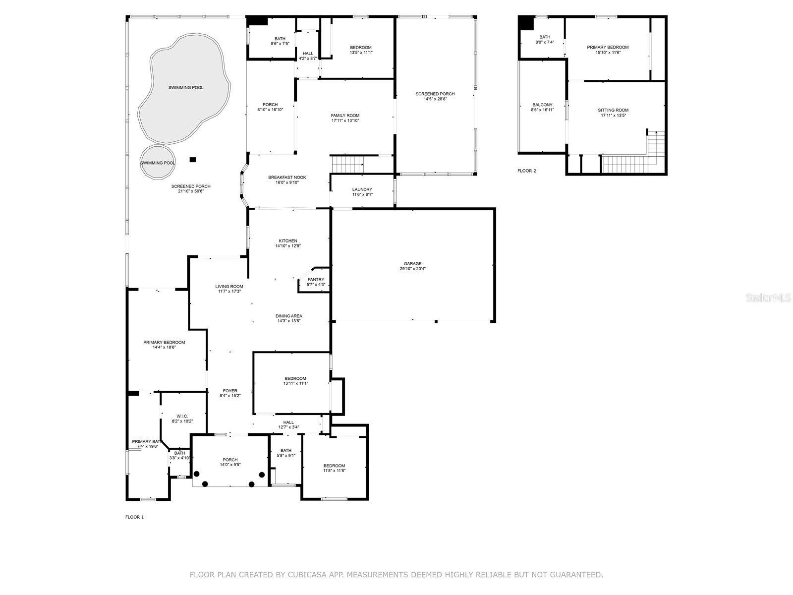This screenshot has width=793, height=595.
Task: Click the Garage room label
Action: pyautogui.click(x=412, y=264)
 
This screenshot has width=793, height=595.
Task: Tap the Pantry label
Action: pyautogui.click(x=316, y=280)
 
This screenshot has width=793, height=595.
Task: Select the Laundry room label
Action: pyautogui.click(x=362, y=189)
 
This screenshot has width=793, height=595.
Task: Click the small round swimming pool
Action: pyautogui.click(x=158, y=163)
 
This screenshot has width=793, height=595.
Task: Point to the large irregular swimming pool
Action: pyautogui.click(x=184, y=88)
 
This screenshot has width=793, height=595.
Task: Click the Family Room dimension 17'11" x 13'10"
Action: pyautogui.click(x=345, y=120)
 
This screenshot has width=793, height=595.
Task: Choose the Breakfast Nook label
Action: pyautogui.click(x=287, y=178)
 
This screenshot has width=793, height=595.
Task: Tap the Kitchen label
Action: pyautogui.click(x=287, y=241)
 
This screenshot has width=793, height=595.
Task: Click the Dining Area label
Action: pyautogui.click(x=288, y=316)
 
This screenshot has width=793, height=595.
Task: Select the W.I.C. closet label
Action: pyautogui.click(x=182, y=416)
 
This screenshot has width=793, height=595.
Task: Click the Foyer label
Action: pyautogui.click(x=230, y=391)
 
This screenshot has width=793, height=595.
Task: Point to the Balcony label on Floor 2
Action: pyautogui.click(x=542, y=105)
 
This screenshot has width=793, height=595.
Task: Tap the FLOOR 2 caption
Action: pyautogui.click(x=526, y=171)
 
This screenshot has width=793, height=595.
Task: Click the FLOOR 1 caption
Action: pyautogui.click(x=134, y=517)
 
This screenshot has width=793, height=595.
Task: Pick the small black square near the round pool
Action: pyautogui.click(x=193, y=160)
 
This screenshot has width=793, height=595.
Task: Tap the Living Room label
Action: pyautogui.click(x=229, y=286)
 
